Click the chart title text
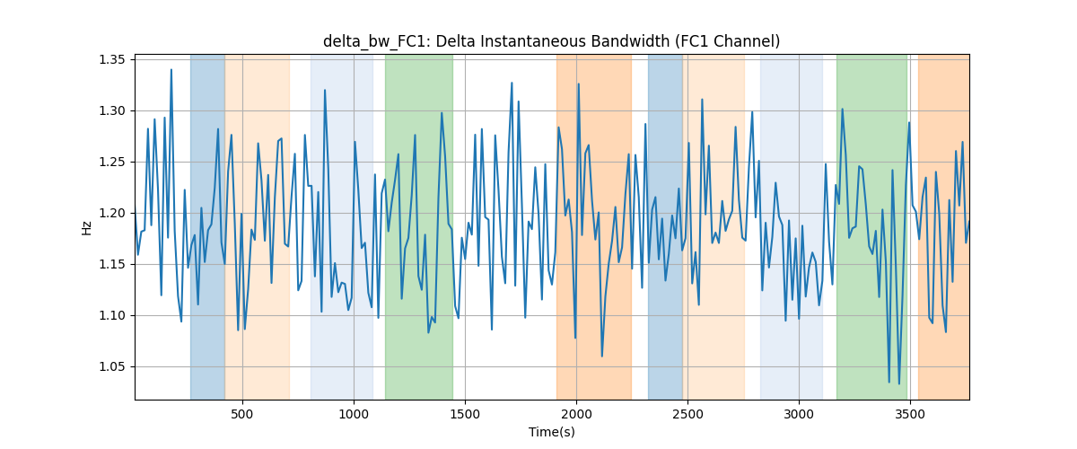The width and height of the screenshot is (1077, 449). [551, 41]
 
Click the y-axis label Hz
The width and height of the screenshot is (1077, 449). [86, 228]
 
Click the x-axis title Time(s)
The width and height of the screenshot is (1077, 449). [551, 432]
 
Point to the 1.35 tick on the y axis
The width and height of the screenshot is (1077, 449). [112, 59]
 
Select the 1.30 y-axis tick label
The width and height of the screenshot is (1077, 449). [112, 111]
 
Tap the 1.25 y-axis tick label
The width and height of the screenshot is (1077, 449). [112, 163]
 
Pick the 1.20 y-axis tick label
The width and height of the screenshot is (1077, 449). [112, 213]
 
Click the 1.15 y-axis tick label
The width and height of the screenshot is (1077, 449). [112, 265]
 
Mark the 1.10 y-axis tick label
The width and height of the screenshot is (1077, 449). [112, 316]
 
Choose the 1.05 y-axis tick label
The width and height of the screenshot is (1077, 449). [112, 367]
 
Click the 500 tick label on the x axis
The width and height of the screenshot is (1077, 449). [241, 414]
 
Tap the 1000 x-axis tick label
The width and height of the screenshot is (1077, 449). [354, 414]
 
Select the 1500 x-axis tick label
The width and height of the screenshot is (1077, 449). [465, 414]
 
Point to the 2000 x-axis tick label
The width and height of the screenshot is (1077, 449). [576, 414]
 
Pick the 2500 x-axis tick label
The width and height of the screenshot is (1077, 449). [687, 414]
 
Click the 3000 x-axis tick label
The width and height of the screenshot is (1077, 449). [799, 414]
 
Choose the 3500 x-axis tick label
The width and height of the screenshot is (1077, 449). [910, 414]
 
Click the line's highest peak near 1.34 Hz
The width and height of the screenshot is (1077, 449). [171, 70]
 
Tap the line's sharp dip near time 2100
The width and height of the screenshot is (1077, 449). [601, 357]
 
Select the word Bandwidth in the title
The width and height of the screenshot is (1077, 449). [630, 41]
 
